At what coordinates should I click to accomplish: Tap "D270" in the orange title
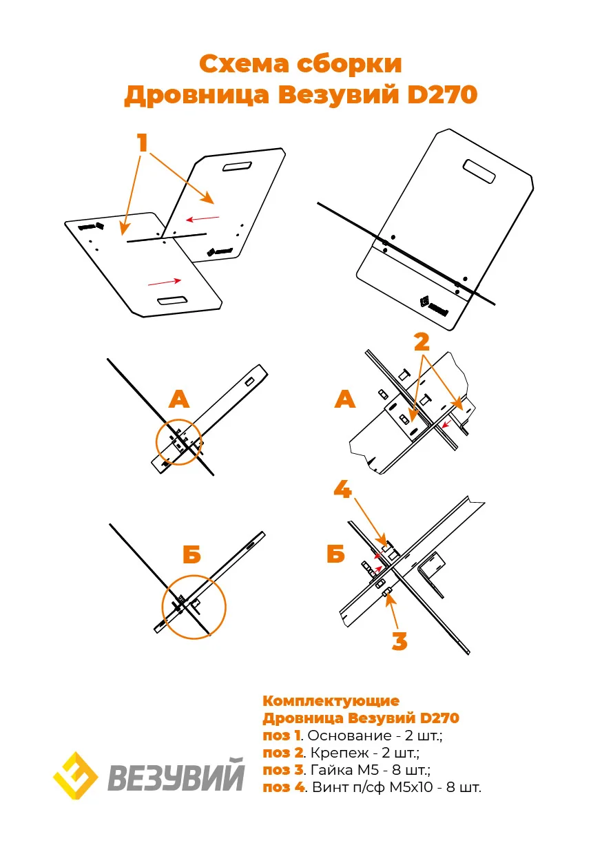439,95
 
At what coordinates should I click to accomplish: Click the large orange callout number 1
143,143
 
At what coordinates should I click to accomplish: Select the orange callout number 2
422,342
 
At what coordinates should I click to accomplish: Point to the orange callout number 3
399,641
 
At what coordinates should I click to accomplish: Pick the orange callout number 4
342,490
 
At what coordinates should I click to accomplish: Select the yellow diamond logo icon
76,775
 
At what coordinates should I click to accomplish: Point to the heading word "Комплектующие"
331,701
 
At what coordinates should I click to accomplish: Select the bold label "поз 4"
283,787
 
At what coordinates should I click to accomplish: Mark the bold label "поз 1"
282,736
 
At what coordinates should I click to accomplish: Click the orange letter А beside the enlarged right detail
345,399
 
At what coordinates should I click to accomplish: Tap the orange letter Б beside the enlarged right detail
335,554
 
